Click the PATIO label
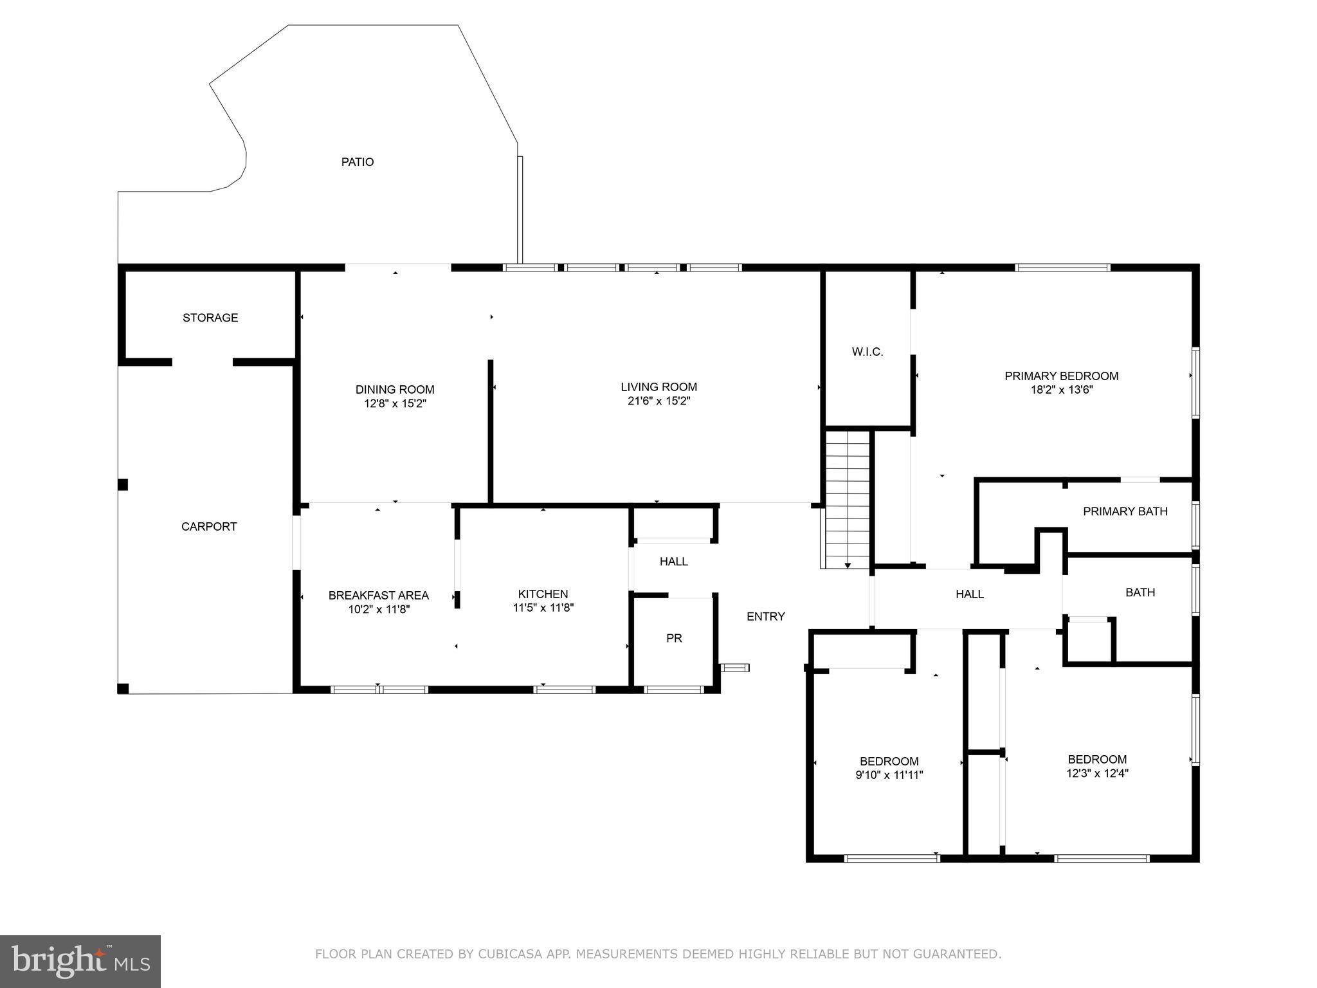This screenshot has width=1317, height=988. click(x=357, y=162)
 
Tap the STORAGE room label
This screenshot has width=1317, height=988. click(x=210, y=318)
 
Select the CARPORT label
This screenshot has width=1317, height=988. click(x=209, y=527)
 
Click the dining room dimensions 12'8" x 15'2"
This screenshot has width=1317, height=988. click(x=395, y=404)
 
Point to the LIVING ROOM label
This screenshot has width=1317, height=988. click(x=658, y=387)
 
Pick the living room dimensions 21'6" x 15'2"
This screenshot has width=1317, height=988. click(x=658, y=401)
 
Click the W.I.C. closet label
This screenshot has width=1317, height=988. click(x=867, y=352)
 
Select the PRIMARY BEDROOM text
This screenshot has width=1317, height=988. click(x=1061, y=376)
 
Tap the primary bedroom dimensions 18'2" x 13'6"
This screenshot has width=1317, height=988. click(x=1061, y=390)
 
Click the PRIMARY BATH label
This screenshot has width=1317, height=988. click(x=1125, y=511)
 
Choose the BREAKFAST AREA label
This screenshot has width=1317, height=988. click(x=378, y=596)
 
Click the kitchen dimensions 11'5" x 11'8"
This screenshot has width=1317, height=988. click(x=543, y=608)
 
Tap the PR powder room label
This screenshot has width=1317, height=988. click(x=674, y=638)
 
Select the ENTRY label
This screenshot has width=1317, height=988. click(x=765, y=616)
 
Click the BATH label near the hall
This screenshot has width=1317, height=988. click(x=1140, y=592)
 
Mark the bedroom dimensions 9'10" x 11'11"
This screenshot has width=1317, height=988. click(x=889, y=776)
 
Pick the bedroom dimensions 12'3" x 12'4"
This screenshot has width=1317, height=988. click(x=1097, y=774)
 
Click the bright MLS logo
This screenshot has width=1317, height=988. click(x=80, y=962)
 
